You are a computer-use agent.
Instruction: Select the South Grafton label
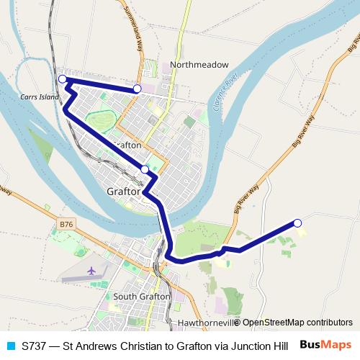point(142,296)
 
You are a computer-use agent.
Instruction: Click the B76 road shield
point(66,225)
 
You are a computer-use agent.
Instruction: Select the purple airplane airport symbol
point(91,270)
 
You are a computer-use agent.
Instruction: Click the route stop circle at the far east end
point(297,222)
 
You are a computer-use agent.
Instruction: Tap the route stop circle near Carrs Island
point(63,78)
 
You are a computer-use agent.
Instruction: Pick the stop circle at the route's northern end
point(137,89)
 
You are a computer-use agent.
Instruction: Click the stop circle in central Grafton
point(145,169)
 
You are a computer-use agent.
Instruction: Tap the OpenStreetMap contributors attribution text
point(296,323)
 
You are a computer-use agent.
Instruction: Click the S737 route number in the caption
point(35,345)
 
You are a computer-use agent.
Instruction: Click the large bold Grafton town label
point(122,192)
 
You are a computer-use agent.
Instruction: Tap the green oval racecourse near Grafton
point(101,120)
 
